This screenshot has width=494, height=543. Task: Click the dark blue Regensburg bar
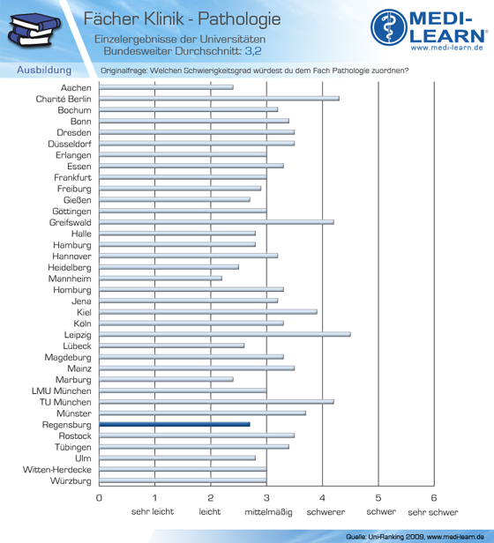(175, 424)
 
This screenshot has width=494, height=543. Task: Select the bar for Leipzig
(225, 334)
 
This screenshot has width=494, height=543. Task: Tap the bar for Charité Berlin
(219, 99)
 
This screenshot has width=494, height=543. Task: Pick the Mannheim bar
(161, 278)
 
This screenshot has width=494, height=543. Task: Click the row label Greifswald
(71, 222)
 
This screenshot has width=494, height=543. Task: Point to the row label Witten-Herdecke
(57, 470)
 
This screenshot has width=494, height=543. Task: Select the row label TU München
(65, 402)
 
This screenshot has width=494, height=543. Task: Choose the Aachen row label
(76, 87)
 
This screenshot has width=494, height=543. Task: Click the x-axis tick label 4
(322, 498)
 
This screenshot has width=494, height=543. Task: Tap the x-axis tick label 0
(99, 498)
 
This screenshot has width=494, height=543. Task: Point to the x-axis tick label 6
(434, 498)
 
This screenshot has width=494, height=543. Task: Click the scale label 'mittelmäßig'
(268, 512)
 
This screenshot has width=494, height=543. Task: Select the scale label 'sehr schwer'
(433, 512)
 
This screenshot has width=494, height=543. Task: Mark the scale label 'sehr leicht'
(153, 512)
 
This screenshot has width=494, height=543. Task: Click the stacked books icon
(34, 29)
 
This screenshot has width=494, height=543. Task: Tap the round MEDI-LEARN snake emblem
(389, 27)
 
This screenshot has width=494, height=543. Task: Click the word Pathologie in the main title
(239, 19)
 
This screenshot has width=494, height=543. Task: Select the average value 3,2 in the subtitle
(253, 51)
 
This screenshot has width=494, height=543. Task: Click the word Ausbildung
(44, 70)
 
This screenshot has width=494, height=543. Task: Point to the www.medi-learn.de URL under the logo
(447, 48)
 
